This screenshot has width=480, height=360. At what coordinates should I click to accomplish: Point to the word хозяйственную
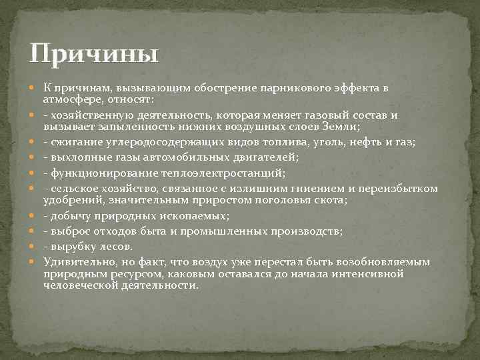point(93,115)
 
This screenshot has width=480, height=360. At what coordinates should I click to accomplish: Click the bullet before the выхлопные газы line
point(34,157)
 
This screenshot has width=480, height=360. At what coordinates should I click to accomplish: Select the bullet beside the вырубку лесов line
point(34,246)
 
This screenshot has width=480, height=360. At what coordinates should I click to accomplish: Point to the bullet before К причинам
point(34,88)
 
